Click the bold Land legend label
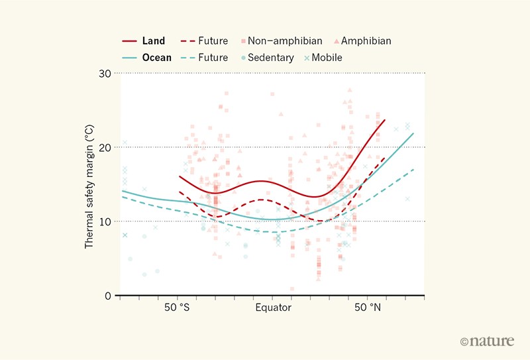154,41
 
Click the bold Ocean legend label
157,58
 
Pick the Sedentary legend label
271,58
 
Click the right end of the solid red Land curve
384,120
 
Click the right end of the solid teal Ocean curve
413,133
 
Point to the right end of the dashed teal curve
413,170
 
